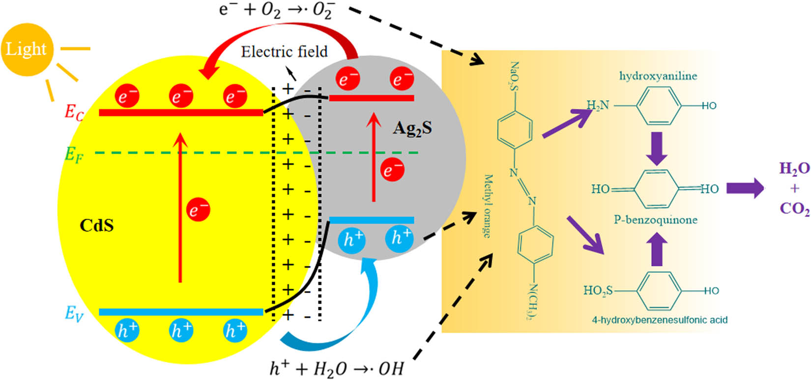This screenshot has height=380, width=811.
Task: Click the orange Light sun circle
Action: click(x=26, y=49)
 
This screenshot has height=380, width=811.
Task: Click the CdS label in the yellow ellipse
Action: click(x=96, y=225)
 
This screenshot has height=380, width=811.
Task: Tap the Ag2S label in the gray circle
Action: click(x=412, y=128)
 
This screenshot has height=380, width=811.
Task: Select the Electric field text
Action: click(x=284, y=52)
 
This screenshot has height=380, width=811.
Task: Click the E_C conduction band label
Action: click(x=74, y=112)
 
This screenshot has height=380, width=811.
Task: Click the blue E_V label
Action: click(x=74, y=313)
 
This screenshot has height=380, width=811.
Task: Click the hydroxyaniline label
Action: click(x=658, y=76)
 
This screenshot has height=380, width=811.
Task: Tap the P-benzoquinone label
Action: click(x=655, y=220)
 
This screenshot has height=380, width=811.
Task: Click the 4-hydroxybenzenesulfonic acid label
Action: click(x=660, y=320)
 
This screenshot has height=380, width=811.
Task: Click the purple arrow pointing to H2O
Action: click(x=745, y=189)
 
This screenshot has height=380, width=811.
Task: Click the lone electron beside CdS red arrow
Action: click(x=198, y=211)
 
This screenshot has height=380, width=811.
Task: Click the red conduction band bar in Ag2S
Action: click(x=371, y=98)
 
